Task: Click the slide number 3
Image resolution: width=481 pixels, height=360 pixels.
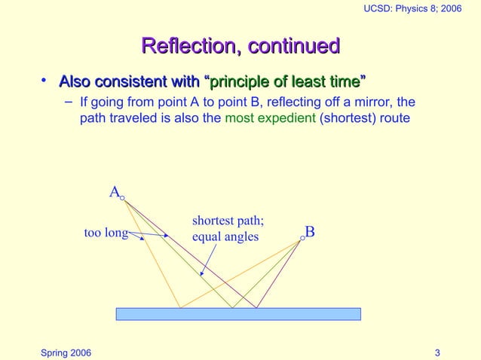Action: [438, 352]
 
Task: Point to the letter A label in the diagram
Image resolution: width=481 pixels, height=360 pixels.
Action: [114, 193]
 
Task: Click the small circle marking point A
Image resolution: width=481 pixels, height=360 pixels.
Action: [122, 199]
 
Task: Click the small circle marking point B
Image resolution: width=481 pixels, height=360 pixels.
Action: [302, 237]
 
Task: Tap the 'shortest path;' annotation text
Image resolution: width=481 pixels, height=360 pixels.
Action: [228, 221]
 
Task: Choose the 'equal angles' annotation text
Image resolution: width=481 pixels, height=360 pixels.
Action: [225, 237]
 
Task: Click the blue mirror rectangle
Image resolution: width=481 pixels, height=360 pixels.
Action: [238, 314]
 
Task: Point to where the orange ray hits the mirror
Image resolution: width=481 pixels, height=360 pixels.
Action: [180, 308]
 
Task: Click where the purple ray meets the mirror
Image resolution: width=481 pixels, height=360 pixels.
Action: [256, 308]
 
